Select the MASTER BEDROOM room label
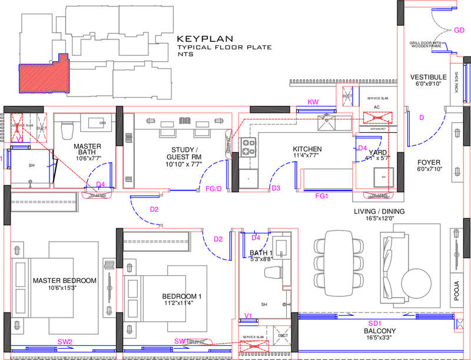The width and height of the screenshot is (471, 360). tap(64, 280)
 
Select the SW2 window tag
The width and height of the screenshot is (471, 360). tap(65, 342)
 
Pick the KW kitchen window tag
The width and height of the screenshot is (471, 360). tap(313, 102)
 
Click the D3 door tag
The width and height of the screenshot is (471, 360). tap(276, 188)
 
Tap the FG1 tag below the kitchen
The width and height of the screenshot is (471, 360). tap(321, 195)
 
